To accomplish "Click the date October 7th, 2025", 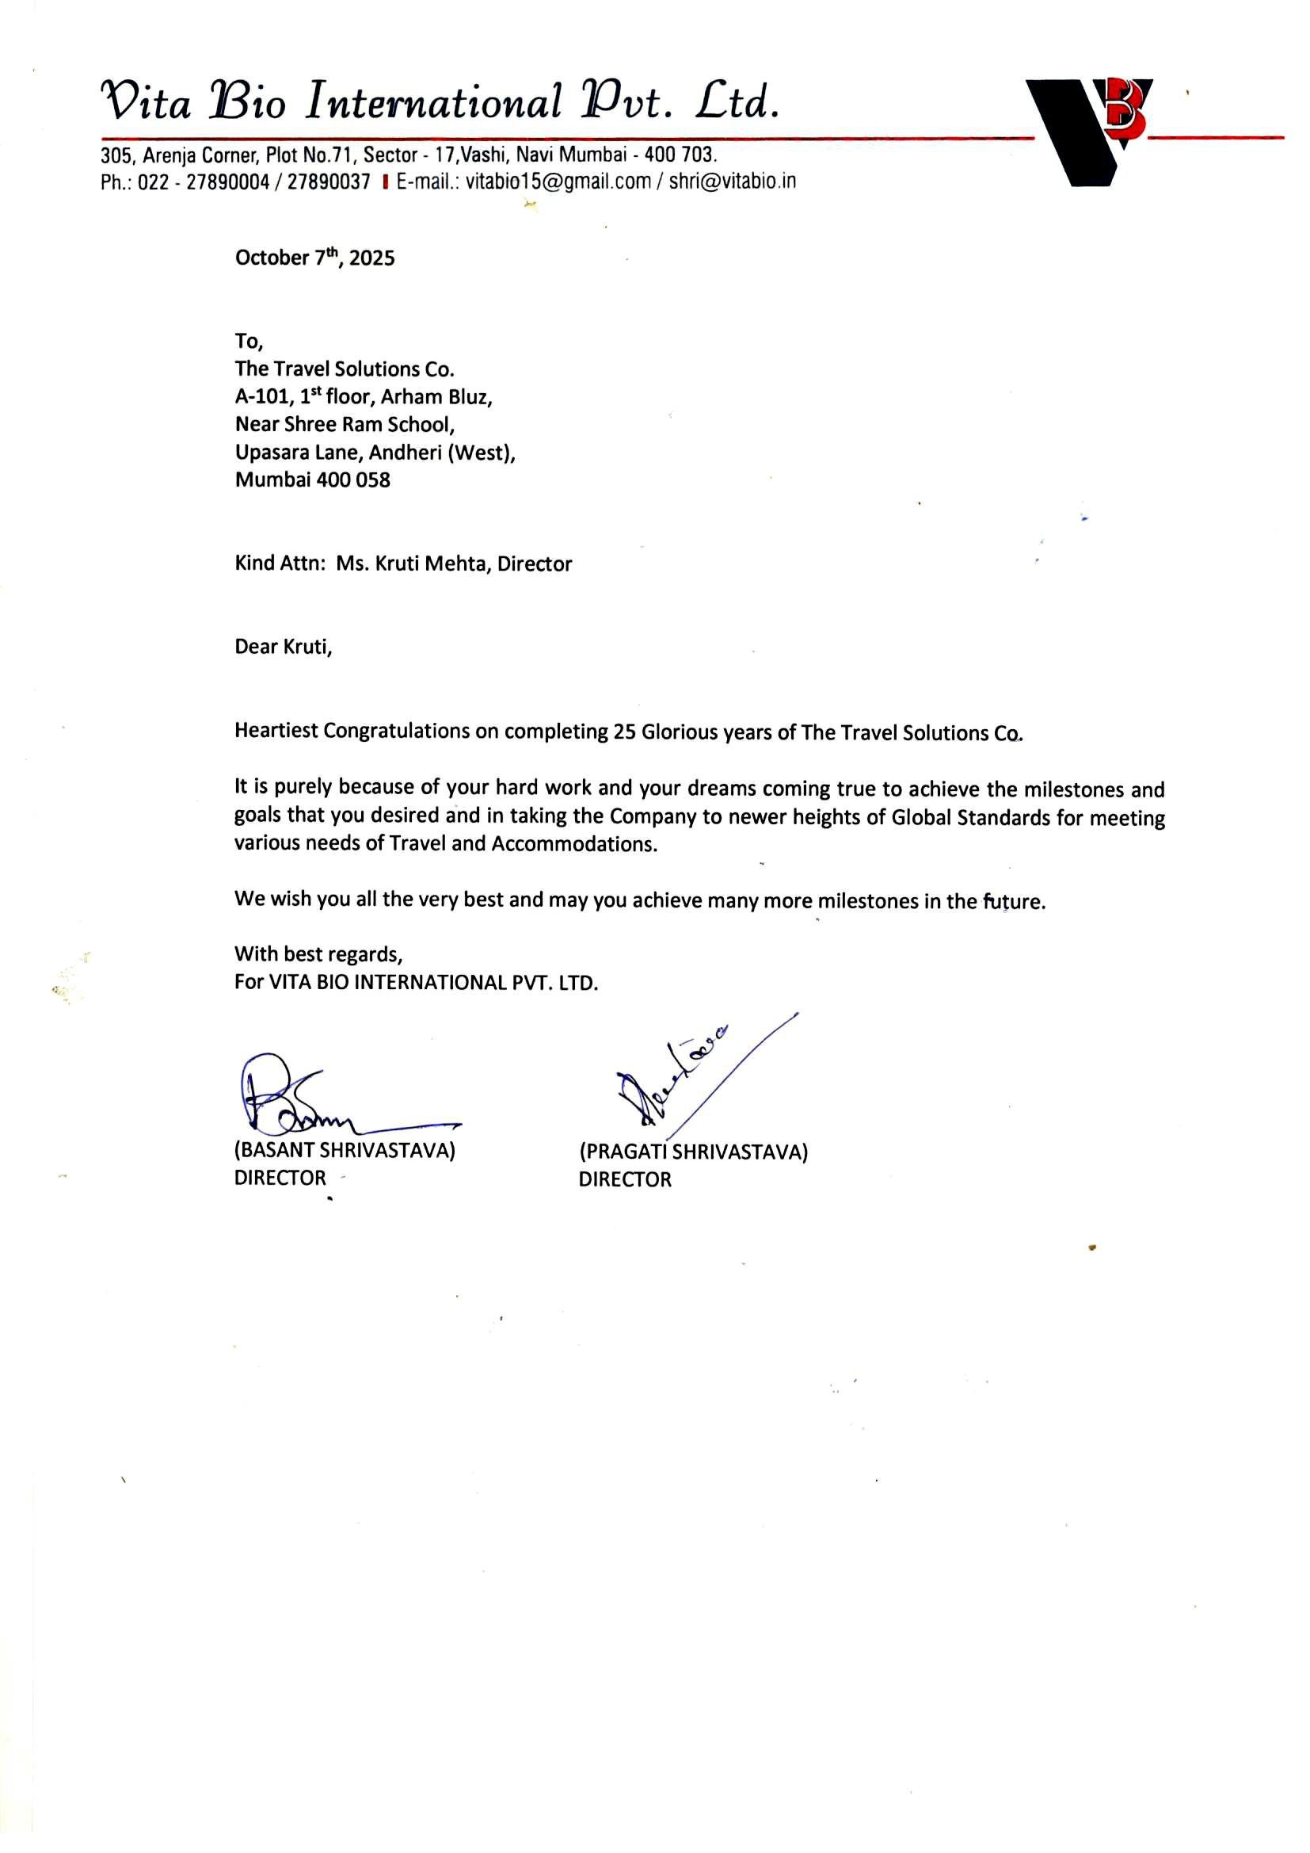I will click(x=314, y=258).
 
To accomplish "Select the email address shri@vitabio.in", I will click(x=732, y=181).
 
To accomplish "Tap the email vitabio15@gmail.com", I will click(x=558, y=181).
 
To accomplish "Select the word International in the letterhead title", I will click(x=433, y=102).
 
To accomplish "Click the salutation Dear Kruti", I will click(x=282, y=647).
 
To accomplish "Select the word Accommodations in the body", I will click(x=573, y=843).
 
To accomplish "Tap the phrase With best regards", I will click(x=318, y=954).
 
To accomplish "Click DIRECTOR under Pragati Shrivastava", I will click(x=624, y=1179).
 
